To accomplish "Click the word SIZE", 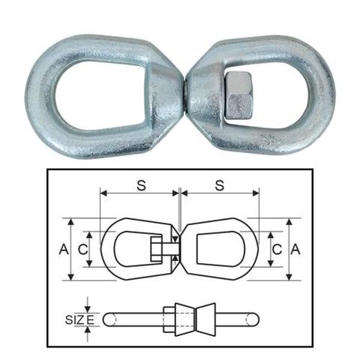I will tap(76, 319).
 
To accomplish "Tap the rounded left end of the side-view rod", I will tap(107, 319).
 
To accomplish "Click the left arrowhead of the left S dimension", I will tap(100, 193).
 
